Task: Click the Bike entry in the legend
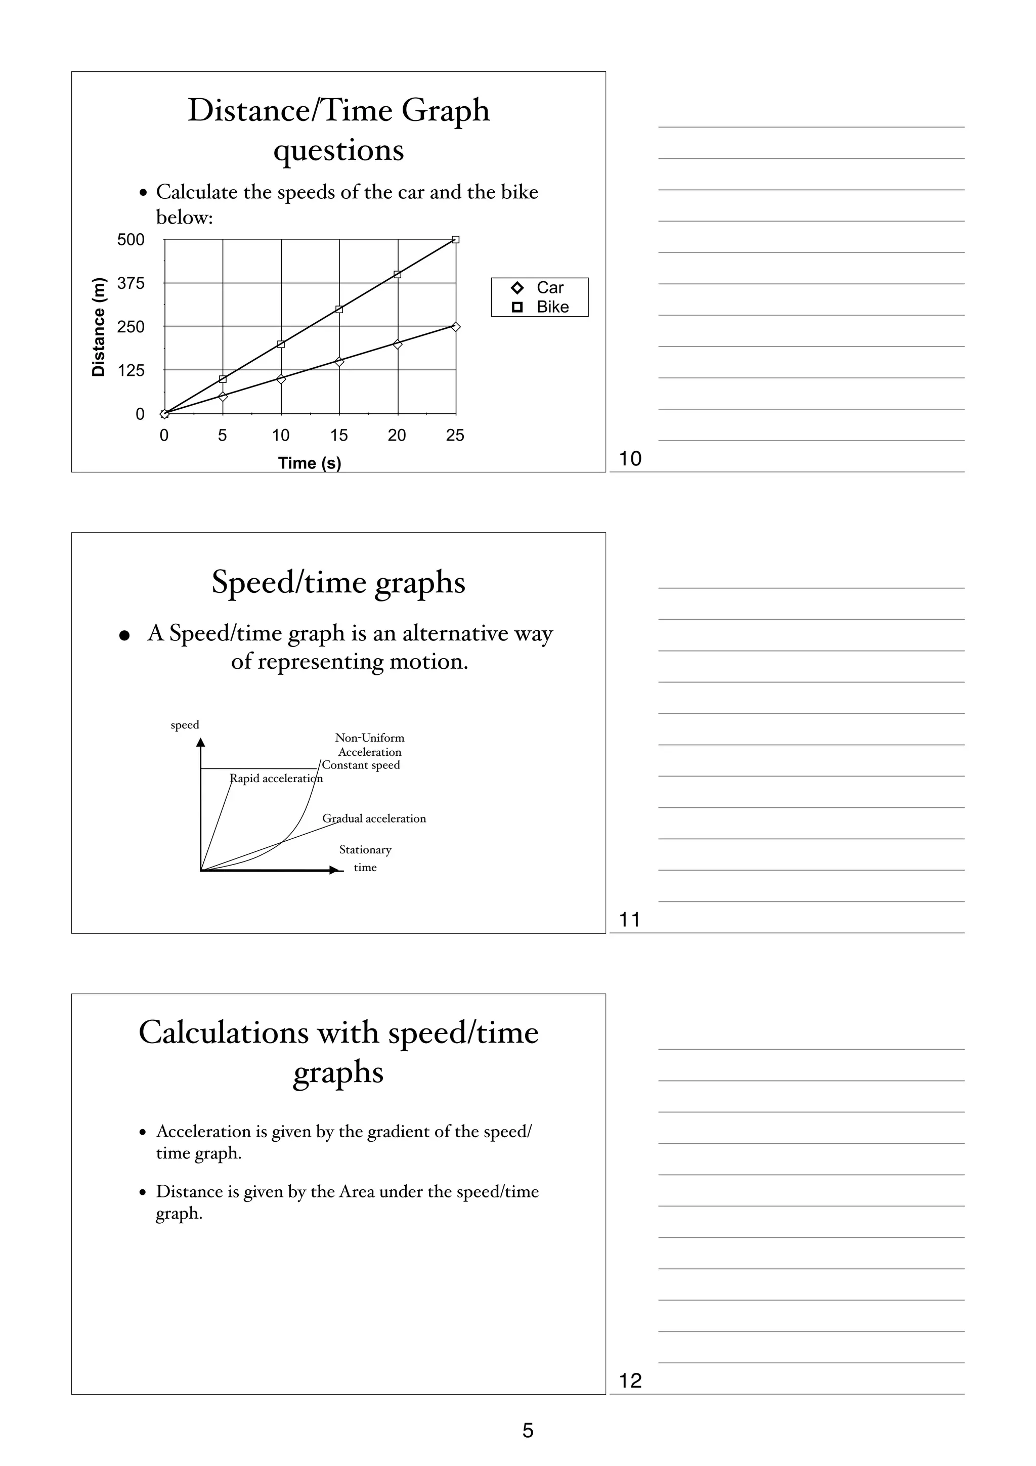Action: point(541,307)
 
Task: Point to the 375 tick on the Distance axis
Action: point(131,283)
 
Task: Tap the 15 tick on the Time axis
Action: point(339,436)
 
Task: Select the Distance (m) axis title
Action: point(98,327)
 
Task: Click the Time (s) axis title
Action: point(310,463)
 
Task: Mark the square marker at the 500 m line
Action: point(456,239)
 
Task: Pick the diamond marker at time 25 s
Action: point(456,327)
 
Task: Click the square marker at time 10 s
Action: point(281,344)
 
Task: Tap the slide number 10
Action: point(630,458)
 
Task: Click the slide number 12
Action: point(630,1381)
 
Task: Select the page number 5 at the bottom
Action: point(528,1430)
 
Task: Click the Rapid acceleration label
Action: point(276,779)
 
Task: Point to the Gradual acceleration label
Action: point(374,818)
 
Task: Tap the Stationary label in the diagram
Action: point(365,850)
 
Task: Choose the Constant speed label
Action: point(361,765)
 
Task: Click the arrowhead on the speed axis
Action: point(200,742)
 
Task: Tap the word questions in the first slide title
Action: point(338,151)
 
